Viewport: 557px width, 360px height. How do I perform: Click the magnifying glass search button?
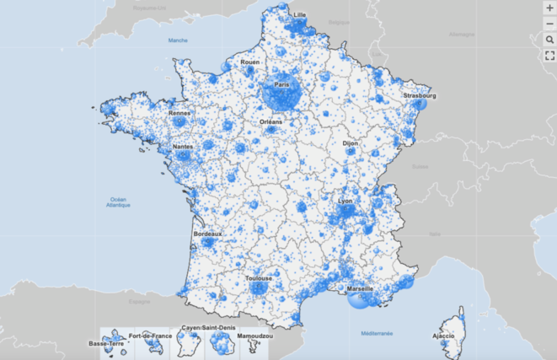click(x=549, y=39)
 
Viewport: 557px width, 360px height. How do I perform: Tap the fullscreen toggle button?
click(x=549, y=56)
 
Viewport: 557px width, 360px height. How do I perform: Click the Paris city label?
click(x=281, y=85)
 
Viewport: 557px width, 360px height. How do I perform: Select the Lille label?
click(x=299, y=15)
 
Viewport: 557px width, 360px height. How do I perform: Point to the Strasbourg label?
click(x=419, y=96)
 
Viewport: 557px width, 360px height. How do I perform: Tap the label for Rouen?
click(x=249, y=62)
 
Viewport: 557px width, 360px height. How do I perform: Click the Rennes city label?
click(x=179, y=113)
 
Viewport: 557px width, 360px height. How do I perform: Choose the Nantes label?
click(x=183, y=147)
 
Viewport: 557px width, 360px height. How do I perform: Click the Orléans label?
click(x=270, y=121)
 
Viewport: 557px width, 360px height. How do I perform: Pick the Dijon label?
click(x=350, y=143)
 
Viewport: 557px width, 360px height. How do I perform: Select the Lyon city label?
click(x=345, y=201)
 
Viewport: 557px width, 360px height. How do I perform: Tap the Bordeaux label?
click(x=207, y=234)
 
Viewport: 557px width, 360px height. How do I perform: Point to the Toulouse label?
click(x=258, y=278)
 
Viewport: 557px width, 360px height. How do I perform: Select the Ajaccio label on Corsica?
click(x=444, y=336)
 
